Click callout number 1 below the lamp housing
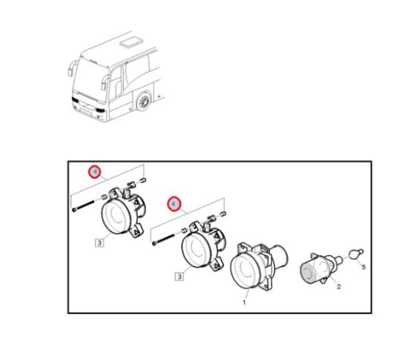[244, 302]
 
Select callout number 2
[339, 287]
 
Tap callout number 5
[363, 267]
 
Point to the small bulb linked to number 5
[355, 253]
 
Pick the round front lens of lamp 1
[243, 271]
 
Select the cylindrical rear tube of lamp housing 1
[279, 256]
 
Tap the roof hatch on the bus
[132, 42]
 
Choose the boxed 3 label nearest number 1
[179, 277]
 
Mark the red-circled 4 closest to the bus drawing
[95, 172]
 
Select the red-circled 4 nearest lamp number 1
[174, 204]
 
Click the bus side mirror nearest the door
[105, 82]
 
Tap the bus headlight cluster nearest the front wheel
[100, 110]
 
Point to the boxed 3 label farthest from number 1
[100, 243]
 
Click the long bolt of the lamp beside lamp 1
[163, 239]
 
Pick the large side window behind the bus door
[136, 70]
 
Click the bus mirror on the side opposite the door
[72, 68]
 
